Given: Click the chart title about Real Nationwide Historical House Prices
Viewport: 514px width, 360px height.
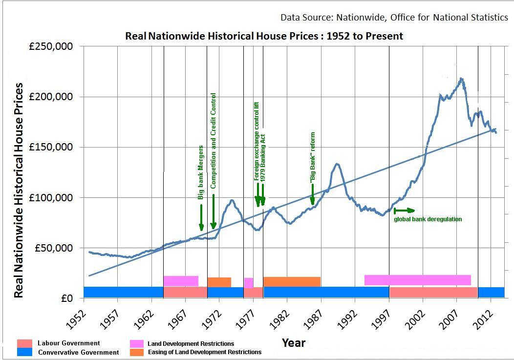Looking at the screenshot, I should pos(264,36).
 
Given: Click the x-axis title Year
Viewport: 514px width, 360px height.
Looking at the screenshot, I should pos(294,343).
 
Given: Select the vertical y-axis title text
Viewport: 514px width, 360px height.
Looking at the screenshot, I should pos(18,190).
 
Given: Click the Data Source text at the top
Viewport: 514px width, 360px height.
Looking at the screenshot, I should pos(394,18).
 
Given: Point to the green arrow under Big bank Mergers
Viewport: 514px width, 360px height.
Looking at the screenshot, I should pos(201,217).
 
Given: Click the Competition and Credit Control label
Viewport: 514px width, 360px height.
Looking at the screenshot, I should pos(213,141).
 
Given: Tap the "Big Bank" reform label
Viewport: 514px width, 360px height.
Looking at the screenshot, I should pos(313,157).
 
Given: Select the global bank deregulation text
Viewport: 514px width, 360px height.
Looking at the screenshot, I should pos(428,219).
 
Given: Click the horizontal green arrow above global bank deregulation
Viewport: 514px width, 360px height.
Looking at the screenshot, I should pos(404,211).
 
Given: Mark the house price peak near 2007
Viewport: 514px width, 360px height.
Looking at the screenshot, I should pos(461,79).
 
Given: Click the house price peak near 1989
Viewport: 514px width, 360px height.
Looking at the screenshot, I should pos(337,164).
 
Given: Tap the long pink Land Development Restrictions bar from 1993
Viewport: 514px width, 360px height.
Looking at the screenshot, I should pos(417,280).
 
